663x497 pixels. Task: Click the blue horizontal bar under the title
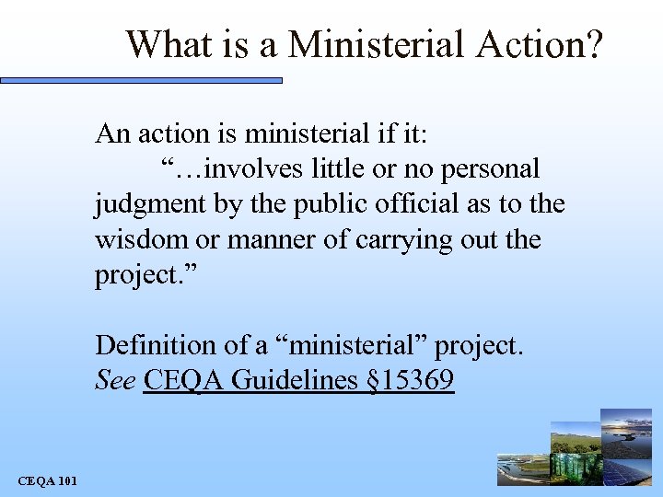pyautogui.click(x=143, y=81)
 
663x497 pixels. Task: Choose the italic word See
pyautogui.click(x=115, y=380)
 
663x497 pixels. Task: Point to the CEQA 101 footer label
pyautogui.click(x=47, y=480)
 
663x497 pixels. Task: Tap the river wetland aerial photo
pyautogui.click(x=520, y=469)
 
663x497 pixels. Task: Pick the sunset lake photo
pyautogui.click(x=626, y=428)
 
